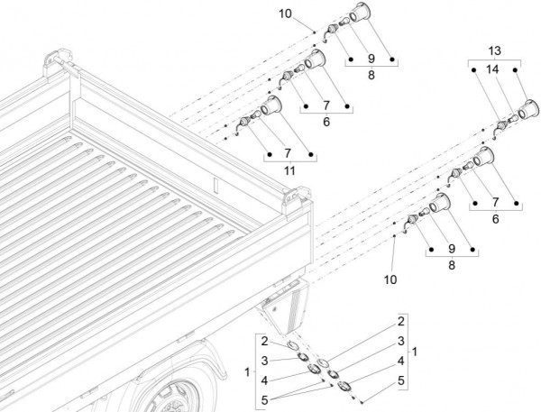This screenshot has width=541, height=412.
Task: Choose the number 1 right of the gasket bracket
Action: click(x=414, y=350)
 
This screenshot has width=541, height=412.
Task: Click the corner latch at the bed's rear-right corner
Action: click(x=290, y=197)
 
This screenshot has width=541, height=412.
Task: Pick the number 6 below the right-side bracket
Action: click(x=495, y=218)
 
